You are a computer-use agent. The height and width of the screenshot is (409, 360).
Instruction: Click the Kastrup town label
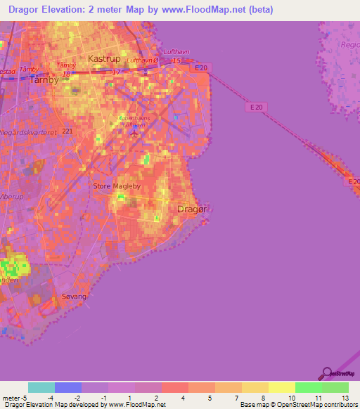pos(103,58)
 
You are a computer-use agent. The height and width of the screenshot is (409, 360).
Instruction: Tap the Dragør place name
pos(191,209)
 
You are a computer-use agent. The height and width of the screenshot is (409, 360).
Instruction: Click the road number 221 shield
pos(67,131)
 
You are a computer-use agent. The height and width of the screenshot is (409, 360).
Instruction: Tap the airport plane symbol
pos(134,131)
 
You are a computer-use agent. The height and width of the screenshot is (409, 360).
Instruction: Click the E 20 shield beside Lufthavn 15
pos(202,67)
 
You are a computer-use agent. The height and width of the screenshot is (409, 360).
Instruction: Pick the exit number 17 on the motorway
pos(117,72)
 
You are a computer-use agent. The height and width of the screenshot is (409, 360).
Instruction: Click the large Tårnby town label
pos(46,80)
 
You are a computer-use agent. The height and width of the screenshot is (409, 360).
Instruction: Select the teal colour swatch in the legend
pos(41,387)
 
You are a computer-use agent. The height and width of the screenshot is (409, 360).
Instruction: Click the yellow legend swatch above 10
pos(281,387)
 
